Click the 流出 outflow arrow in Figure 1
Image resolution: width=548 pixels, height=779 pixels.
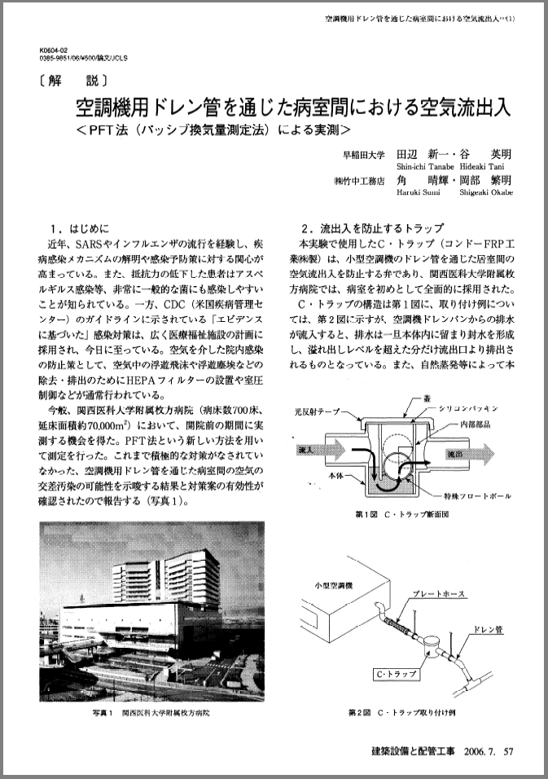[466, 450]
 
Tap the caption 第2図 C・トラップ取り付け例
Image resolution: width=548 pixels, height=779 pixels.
[405, 712]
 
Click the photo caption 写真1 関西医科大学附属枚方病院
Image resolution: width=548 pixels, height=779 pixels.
[151, 711]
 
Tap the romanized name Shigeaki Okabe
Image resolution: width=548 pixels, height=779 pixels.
[485, 194]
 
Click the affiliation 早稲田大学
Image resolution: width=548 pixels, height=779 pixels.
[362, 154]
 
